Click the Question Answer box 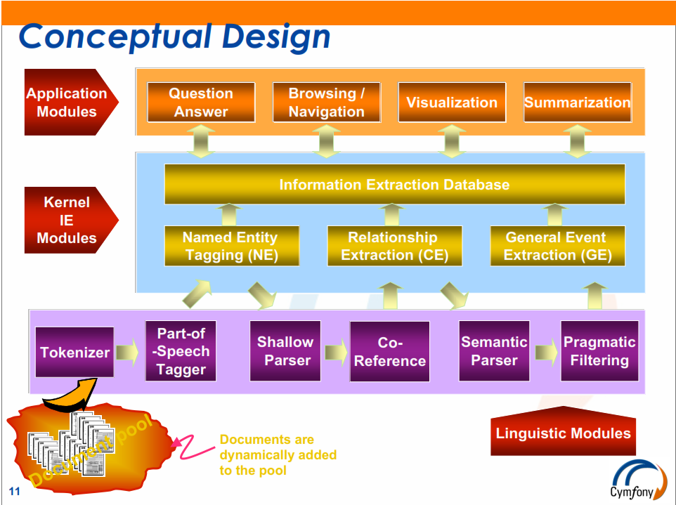[x=201, y=102]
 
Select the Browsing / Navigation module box [x=326, y=102]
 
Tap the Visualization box [x=452, y=102]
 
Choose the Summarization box [x=578, y=102]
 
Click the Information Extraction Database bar [x=394, y=184]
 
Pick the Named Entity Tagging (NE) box [x=231, y=246]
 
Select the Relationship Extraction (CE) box [x=394, y=246]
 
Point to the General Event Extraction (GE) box [x=557, y=246]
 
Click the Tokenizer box [x=74, y=352]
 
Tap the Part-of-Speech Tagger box [x=181, y=350]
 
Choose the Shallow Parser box [x=285, y=350]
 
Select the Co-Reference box [x=390, y=351]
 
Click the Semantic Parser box [x=494, y=350]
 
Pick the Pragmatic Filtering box [x=599, y=350]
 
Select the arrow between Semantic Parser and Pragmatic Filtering [x=547, y=352]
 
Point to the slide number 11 [x=14, y=491]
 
